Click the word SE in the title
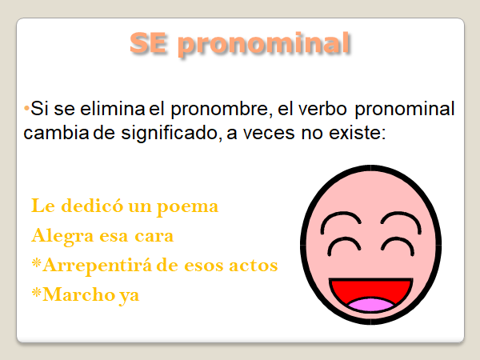coord(149,43)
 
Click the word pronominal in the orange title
coord(264,45)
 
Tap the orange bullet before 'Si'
coord(26,108)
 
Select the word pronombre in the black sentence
coord(222,109)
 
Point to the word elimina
coord(112,108)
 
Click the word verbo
coord(322,108)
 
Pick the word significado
coord(171,134)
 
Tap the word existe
coord(358,133)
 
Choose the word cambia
coord(56,133)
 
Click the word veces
coord(269,134)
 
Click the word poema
coord(188,207)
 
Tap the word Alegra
coord(62,236)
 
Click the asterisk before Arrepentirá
coord(37,262)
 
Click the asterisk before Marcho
coord(37,292)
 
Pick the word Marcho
coord(78,294)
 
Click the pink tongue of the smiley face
coord(371,306)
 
